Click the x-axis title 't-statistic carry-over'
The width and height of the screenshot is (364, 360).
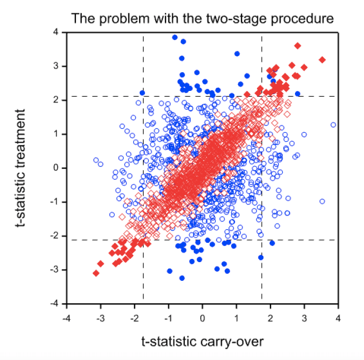[202, 341]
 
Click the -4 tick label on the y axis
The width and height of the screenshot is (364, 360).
[55, 304]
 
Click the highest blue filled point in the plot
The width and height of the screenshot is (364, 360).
[175, 37]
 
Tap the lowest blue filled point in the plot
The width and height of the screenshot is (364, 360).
[182, 278]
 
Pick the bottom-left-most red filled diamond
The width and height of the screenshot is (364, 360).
[96, 273]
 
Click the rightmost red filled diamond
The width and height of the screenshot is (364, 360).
[322, 59]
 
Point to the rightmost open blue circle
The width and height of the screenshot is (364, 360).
[333, 125]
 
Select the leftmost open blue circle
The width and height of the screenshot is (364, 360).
[96, 160]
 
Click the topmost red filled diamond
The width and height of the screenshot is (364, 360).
[298, 45]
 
